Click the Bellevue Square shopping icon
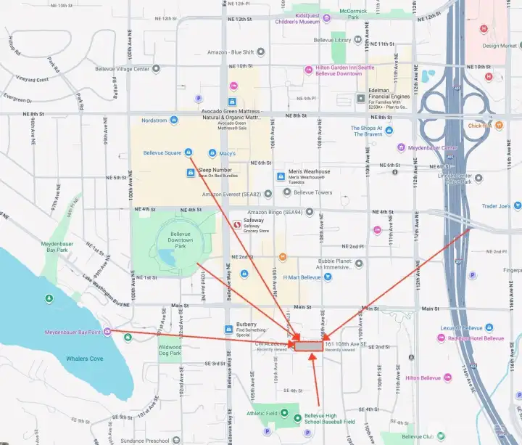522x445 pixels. [188, 152]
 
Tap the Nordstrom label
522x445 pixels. [154, 121]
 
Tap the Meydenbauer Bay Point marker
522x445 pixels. [107, 332]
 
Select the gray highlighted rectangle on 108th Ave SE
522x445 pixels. [308, 347]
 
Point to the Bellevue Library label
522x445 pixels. [353, 41]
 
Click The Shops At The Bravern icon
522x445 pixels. [389, 131]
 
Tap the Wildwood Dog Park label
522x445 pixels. [169, 351]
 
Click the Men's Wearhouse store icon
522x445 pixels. [281, 176]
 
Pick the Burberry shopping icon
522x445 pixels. [230, 327]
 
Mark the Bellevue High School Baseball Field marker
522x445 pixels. [297, 417]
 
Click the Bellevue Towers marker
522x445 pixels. [287, 192]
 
